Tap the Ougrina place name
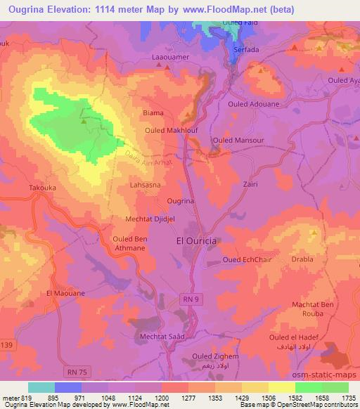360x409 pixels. pyautogui.click(x=181, y=202)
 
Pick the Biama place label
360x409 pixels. pyautogui.click(x=153, y=112)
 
